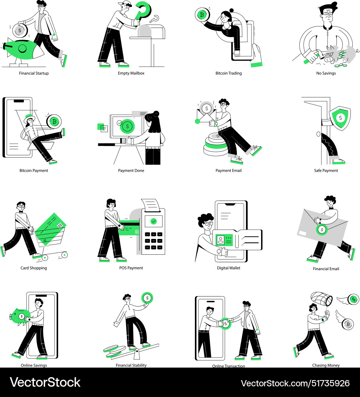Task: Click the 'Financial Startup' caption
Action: (x=34, y=73)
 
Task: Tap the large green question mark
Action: (x=143, y=12)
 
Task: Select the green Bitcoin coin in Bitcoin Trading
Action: (x=202, y=15)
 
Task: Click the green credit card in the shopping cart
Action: (x=50, y=229)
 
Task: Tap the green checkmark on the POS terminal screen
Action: (x=154, y=221)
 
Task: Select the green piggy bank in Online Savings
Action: (x=20, y=316)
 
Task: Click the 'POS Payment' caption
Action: (x=131, y=268)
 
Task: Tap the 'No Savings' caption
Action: (x=326, y=73)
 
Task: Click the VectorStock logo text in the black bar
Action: (x=45, y=382)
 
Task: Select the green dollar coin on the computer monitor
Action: (x=127, y=126)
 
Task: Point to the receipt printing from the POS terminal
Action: (x=151, y=205)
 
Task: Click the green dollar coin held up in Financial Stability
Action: (x=147, y=298)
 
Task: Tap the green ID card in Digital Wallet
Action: (x=224, y=240)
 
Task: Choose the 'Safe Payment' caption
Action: (x=326, y=171)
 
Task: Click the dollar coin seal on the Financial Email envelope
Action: (x=322, y=230)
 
